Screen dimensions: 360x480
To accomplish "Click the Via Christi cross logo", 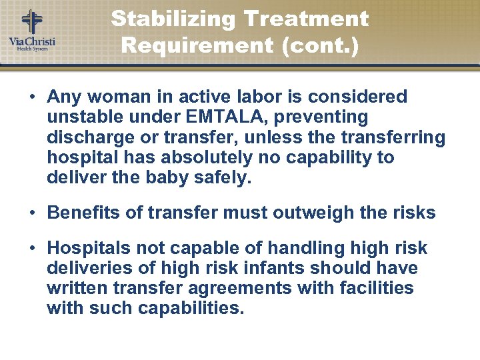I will coord(31,21).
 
